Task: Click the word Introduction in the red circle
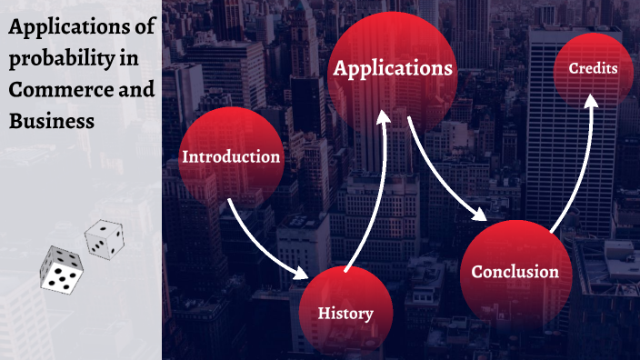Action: (x=231, y=156)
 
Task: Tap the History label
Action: (x=345, y=314)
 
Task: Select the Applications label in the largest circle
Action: (x=393, y=68)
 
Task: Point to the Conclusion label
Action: (x=515, y=271)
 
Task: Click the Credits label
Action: (x=593, y=69)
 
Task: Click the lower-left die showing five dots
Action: (x=62, y=270)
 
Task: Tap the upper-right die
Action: (x=105, y=238)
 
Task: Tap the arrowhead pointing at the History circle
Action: (x=303, y=272)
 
